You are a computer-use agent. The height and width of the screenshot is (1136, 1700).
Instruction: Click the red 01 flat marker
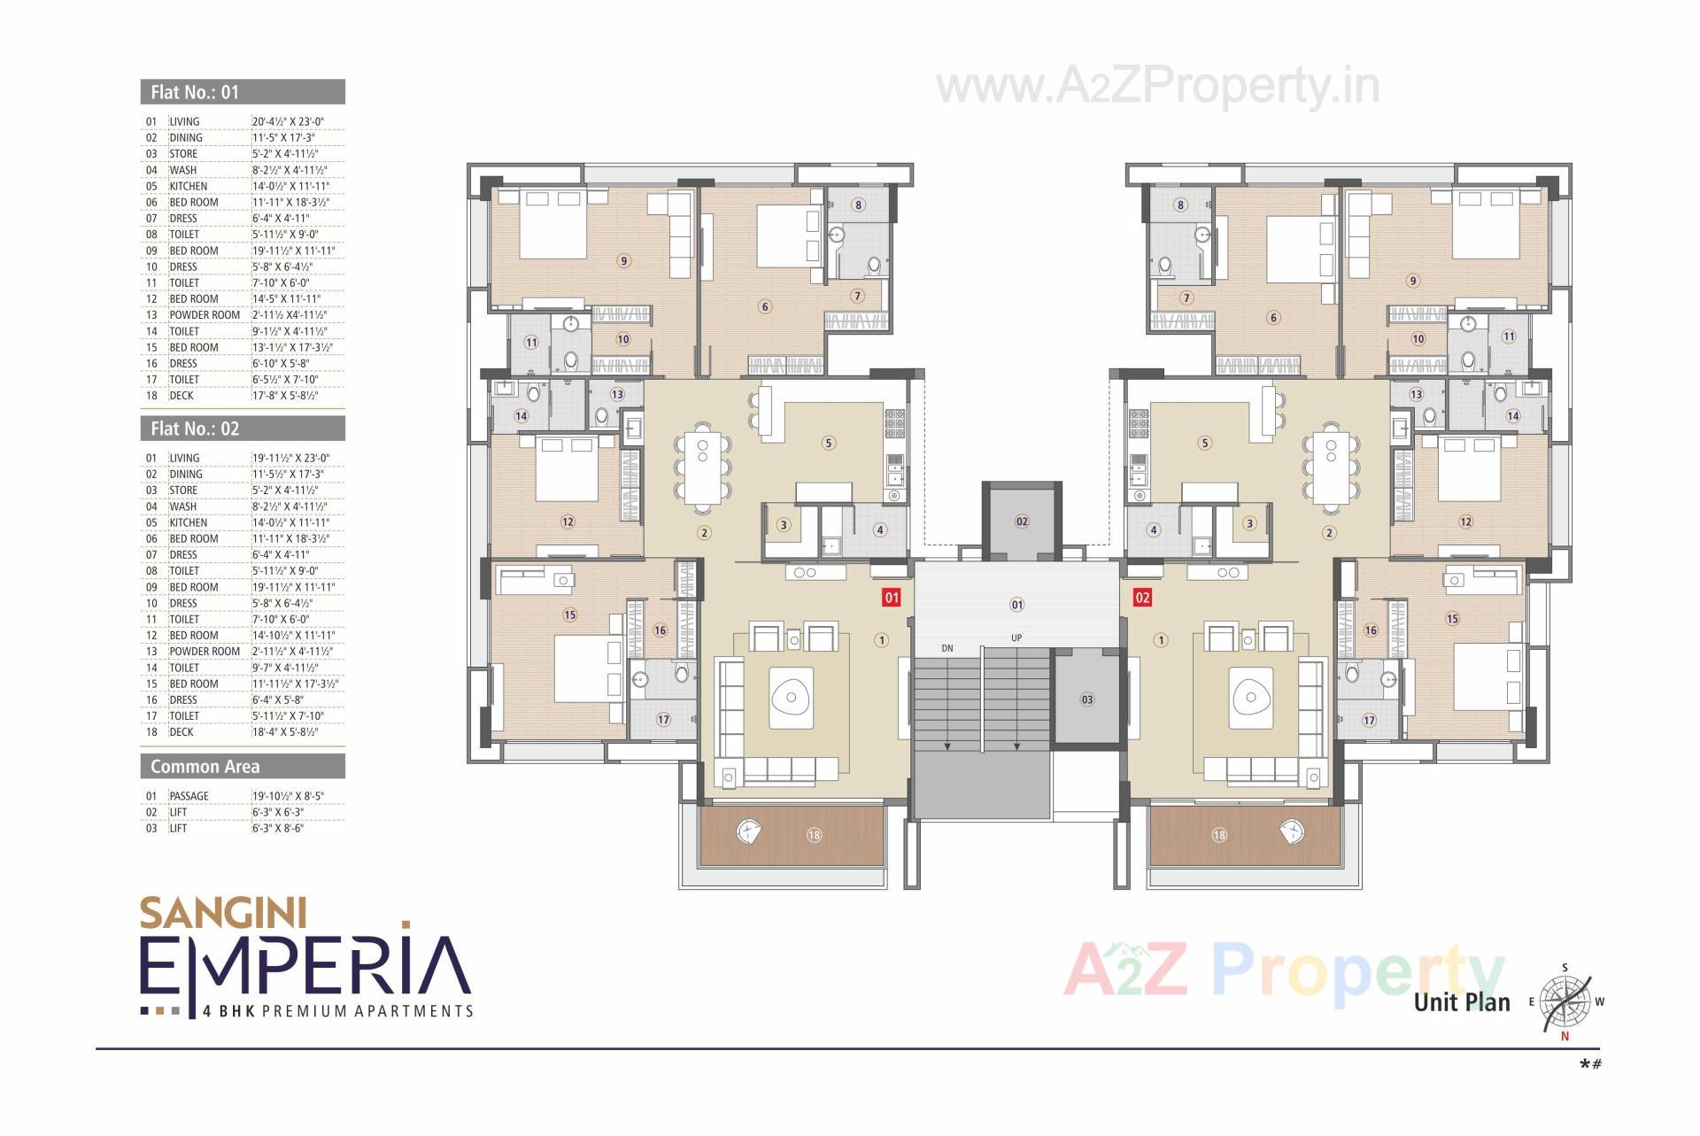click(892, 598)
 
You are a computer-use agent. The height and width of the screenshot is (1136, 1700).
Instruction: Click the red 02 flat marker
click(1142, 598)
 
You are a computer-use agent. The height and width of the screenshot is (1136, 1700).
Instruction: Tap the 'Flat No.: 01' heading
click(195, 92)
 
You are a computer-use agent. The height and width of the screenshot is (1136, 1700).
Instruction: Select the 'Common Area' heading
click(205, 767)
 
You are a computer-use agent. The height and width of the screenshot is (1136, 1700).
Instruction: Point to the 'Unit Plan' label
click(1462, 1002)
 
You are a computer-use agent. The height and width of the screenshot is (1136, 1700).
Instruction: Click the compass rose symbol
click(1565, 1003)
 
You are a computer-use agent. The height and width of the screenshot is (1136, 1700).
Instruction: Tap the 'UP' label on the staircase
click(1016, 638)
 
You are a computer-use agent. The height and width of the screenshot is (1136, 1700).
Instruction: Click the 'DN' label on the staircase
click(947, 648)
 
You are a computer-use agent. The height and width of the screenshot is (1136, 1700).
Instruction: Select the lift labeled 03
click(1087, 699)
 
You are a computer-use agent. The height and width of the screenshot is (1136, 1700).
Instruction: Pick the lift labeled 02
click(1022, 522)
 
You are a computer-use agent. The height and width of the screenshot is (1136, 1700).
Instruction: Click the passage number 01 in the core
click(1016, 605)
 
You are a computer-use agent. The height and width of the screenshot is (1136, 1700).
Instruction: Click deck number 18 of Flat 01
click(814, 835)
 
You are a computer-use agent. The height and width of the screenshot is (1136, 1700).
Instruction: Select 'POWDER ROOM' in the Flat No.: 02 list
click(205, 652)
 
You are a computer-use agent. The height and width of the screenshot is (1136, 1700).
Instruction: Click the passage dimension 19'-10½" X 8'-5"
click(289, 796)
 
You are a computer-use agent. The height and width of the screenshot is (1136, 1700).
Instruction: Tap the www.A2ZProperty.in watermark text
click(1157, 87)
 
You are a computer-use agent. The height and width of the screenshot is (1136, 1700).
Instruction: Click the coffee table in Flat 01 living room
click(791, 698)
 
